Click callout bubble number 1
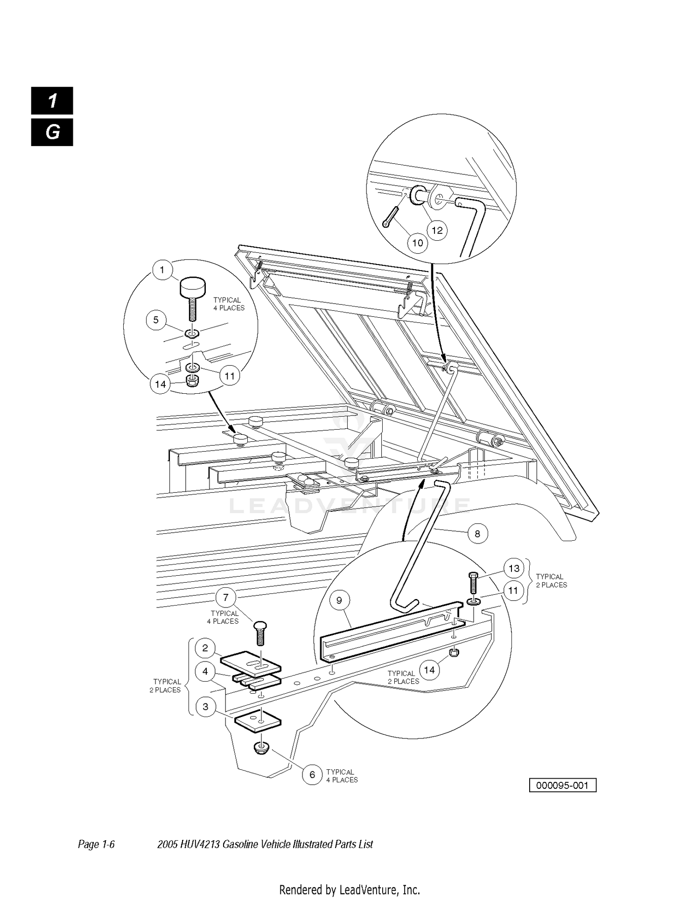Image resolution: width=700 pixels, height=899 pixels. pyautogui.click(x=162, y=270)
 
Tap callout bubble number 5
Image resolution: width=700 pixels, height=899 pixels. pyautogui.click(x=156, y=320)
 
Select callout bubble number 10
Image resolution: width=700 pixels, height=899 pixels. pyautogui.click(x=418, y=243)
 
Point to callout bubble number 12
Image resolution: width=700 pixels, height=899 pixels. pyautogui.click(x=437, y=230)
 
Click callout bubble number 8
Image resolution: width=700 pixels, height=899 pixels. pyautogui.click(x=477, y=533)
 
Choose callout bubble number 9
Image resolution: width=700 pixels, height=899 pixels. pyautogui.click(x=339, y=600)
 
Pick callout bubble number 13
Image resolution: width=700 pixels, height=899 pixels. pyautogui.click(x=514, y=569)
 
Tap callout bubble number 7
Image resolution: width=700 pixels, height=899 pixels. pyautogui.click(x=226, y=598)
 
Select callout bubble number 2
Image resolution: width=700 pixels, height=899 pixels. pyautogui.click(x=205, y=648)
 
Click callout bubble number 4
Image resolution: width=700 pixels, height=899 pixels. pyautogui.click(x=205, y=672)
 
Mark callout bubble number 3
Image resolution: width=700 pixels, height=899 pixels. pyautogui.click(x=205, y=707)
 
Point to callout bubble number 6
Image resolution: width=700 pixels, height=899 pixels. pyautogui.click(x=312, y=775)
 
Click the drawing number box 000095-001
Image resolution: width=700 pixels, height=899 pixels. pyautogui.click(x=563, y=785)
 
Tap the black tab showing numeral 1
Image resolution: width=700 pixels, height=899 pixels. pyautogui.click(x=52, y=101)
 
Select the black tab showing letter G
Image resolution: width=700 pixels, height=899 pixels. pyautogui.click(x=52, y=132)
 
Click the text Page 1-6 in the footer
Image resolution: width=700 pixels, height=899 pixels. pyautogui.click(x=96, y=844)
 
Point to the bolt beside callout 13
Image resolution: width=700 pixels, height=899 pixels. pyautogui.click(x=471, y=584)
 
